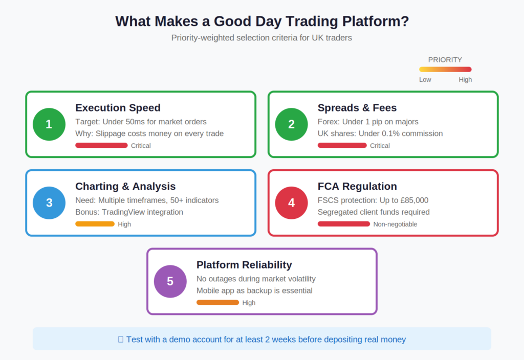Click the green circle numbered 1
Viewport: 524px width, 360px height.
[49, 124]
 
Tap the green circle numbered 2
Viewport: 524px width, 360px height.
[291, 124]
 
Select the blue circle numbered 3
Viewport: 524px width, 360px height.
[49, 203]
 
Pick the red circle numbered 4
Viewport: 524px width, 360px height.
[291, 203]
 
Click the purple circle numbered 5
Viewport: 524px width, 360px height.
[170, 281]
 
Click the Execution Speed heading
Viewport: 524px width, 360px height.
[118, 108]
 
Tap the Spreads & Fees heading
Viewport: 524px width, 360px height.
[357, 108]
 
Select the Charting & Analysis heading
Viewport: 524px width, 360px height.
[125, 187]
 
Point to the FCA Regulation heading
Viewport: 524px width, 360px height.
[357, 187]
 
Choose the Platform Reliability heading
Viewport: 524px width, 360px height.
[244, 265]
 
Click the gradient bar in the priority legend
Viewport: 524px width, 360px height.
[445, 70]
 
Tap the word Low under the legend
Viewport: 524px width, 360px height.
[425, 80]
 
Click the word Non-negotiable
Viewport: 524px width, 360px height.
[395, 224]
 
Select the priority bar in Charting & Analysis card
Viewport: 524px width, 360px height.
[95, 224]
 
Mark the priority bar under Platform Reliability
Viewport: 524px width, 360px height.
[217, 303]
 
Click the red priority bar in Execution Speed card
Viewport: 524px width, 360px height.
[101, 146]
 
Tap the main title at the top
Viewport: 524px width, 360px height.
[262, 21]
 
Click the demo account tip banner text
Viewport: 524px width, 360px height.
[266, 339]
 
